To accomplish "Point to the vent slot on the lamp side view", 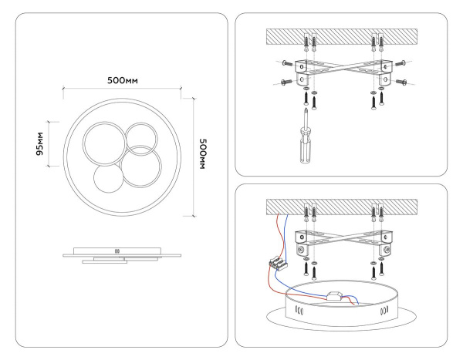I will point(118,251).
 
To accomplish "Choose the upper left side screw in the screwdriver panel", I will point(284,62).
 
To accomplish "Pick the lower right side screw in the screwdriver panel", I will point(400,80).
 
